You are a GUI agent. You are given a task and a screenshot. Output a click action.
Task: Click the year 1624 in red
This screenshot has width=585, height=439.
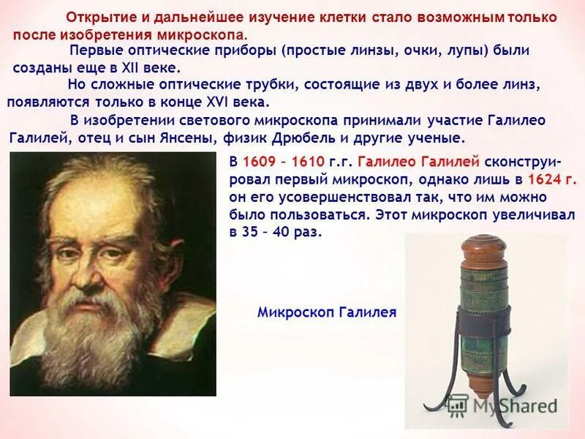[x=553, y=179]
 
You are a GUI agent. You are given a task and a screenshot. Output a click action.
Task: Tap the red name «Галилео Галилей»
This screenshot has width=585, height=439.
[x=419, y=162]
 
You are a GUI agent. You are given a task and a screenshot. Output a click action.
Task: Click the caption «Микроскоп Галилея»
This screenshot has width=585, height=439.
[x=326, y=312]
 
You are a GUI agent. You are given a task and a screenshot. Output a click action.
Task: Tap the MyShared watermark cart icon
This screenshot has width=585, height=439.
[x=457, y=405]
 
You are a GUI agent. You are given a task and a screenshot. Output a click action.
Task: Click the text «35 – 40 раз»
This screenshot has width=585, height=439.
[x=275, y=232]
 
